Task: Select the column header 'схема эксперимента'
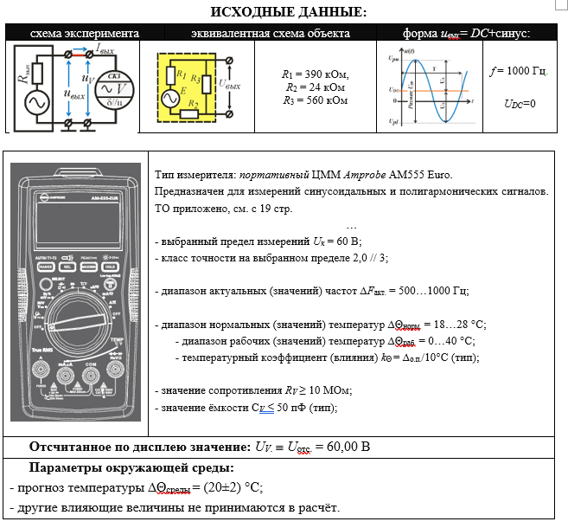[x=84, y=33]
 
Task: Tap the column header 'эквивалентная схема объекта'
[x=258, y=33]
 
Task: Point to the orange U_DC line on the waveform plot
[x=432, y=89]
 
